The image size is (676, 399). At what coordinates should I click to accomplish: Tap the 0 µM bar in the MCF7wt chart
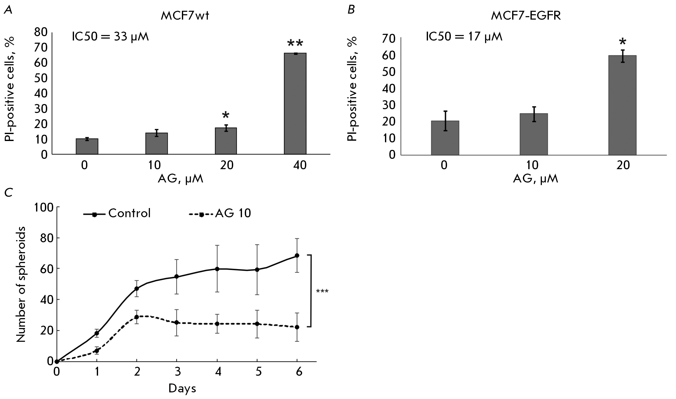[x=87, y=146]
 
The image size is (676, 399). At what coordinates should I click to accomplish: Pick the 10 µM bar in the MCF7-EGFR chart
[x=534, y=134]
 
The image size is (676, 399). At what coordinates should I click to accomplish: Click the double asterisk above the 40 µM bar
[x=295, y=44]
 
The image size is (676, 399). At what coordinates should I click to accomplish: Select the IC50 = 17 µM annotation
[x=464, y=37]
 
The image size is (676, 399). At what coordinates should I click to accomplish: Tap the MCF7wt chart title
[x=185, y=15]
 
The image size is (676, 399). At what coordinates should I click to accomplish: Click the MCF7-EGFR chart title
[x=526, y=15]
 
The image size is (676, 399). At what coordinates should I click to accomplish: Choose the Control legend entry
[x=117, y=213]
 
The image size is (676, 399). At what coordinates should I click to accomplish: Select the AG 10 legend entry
[x=220, y=213]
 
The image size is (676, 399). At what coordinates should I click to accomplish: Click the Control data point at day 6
[x=297, y=255]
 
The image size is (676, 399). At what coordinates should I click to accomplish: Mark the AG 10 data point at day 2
[x=137, y=317]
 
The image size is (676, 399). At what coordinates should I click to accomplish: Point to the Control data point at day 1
[x=97, y=333]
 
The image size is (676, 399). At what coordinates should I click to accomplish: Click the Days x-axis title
[x=182, y=388]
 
